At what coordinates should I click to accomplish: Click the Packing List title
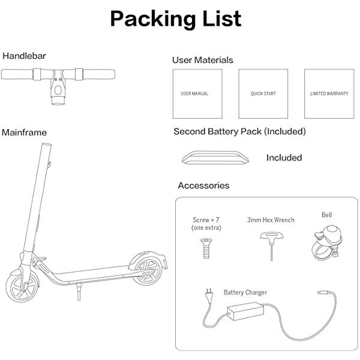(175, 19)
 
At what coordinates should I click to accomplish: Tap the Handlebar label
(24, 56)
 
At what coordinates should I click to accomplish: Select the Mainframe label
(24, 132)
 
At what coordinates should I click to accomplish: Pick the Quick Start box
(263, 94)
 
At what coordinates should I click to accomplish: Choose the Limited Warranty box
(329, 94)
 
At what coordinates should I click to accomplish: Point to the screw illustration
(205, 247)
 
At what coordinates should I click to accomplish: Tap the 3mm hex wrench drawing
(271, 242)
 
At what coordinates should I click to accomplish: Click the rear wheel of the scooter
(146, 271)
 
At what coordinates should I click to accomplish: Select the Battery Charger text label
(245, 292)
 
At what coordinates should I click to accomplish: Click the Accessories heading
(203, 185)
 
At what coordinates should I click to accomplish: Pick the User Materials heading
(202, 60)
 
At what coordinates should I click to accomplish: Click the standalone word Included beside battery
(284, 158)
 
